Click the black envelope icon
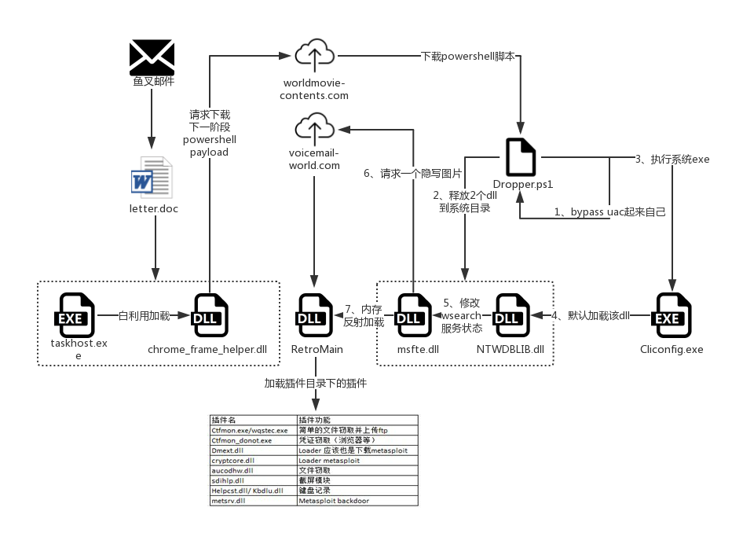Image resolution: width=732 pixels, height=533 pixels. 152,57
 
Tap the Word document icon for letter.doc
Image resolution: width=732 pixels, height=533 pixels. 152,178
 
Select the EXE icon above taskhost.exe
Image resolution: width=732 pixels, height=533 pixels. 75,315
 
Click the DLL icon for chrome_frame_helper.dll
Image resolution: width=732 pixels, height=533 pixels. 210,316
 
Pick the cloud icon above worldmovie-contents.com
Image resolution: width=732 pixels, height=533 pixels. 315,53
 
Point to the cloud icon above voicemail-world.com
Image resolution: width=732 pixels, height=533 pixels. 315,127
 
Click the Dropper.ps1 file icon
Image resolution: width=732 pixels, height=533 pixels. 521,157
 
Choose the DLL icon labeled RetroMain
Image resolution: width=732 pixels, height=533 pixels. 315,315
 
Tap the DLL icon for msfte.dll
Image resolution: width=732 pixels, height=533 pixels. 414,315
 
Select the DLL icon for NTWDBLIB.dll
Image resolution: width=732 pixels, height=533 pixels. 511,315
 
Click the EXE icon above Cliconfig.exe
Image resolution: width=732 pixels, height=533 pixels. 672,315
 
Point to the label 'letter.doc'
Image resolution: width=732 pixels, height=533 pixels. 154,209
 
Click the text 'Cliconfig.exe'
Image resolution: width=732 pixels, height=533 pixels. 672,349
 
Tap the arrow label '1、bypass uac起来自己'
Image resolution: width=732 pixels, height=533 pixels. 609,212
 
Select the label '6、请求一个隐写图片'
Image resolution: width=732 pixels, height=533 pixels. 412,174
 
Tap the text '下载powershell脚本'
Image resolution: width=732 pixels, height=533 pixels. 468,57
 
